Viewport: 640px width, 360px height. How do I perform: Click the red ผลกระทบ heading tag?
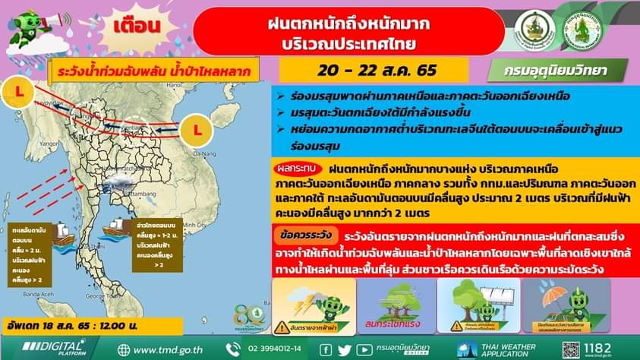pos(298,169)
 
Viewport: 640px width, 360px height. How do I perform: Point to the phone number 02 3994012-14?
pos(268,349)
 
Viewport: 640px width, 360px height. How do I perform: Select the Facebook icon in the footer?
pos(326,349)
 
